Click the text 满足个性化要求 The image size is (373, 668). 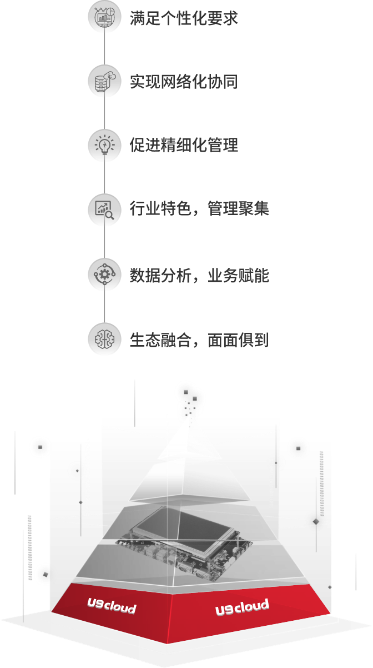pos(184,18)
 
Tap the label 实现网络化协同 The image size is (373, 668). pos(184,82)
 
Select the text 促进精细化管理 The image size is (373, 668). pos(184,146)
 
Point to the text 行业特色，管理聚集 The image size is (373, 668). pos(199,210)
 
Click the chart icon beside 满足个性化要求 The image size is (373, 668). pos(104,18)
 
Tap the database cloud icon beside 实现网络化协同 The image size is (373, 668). pos(104,82)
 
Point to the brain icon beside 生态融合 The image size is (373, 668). pos(104,338)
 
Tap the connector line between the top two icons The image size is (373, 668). pos(104,50)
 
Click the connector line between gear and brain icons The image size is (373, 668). pos(104,307)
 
